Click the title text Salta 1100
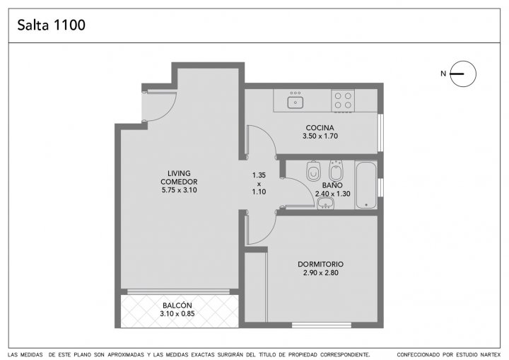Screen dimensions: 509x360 52,25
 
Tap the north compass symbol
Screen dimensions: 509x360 463,74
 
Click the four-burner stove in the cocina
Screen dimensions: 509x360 343,100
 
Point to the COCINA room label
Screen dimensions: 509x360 320,128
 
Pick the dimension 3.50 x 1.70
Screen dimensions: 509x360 320,136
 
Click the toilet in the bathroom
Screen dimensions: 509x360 313,171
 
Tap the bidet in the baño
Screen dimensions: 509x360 336,170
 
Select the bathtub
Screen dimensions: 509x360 366,185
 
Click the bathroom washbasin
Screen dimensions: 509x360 326,204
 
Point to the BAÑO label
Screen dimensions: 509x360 332,185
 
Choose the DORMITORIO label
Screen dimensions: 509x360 320,264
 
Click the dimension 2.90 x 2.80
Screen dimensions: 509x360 320,273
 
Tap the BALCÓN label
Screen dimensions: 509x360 177,305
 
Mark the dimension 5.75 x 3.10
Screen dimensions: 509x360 179,190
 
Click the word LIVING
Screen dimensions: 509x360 179,173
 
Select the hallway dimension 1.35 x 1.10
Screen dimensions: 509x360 259,184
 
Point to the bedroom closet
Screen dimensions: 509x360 255,287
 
